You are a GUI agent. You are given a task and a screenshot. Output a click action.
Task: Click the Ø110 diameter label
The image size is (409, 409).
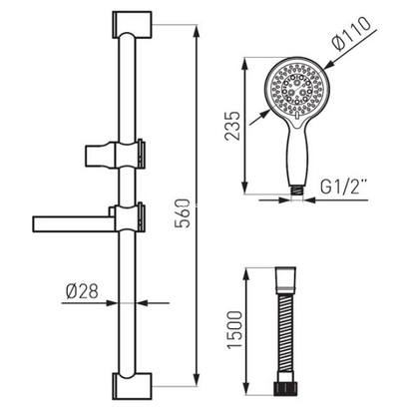(351, 33)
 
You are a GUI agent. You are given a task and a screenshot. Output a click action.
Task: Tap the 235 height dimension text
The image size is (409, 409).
(232, 126)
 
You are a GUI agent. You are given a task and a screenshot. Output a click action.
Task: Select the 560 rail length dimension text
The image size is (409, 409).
(183, 213)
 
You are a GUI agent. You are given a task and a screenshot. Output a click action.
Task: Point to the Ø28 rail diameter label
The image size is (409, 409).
(82, 291)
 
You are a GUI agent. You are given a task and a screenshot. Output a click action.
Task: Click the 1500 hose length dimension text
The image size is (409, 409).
(234, 329)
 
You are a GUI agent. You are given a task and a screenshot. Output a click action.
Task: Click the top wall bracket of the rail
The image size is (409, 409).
(132, 25)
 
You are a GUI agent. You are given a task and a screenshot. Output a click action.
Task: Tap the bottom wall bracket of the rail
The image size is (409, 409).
(132, 386)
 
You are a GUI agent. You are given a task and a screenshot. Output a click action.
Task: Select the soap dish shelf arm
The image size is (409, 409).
(74, 224)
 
